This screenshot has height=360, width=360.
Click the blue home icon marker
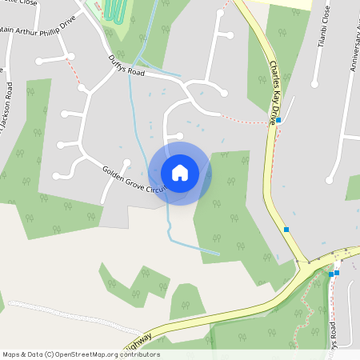[180, 173]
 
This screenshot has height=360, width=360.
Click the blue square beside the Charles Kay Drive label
[278, 121]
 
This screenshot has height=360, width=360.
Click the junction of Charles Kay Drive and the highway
[307, 261]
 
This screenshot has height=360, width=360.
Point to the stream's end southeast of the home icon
[218, 254]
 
